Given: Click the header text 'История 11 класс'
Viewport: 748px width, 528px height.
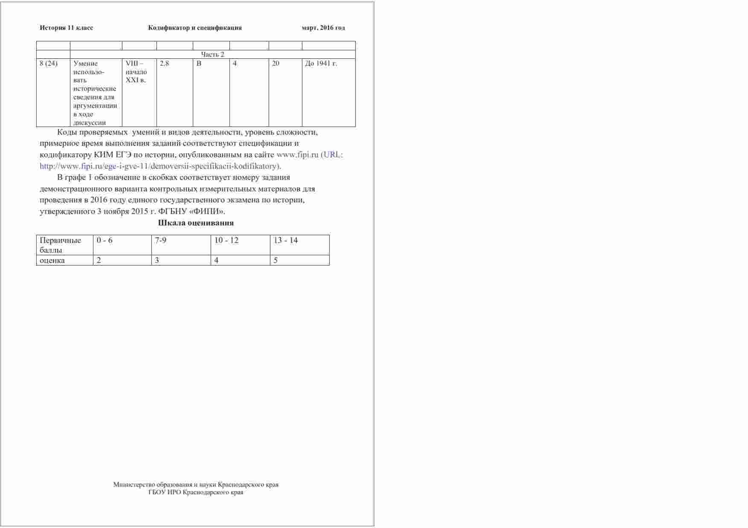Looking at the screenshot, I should [66, 28].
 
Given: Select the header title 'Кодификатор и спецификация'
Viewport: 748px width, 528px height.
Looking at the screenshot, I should [195, 28].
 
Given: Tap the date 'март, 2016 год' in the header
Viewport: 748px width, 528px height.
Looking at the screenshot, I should [323, 28].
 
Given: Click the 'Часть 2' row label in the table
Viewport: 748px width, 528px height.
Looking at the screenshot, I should [212, 54].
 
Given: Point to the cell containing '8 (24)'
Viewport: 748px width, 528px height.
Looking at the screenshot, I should [49, 63].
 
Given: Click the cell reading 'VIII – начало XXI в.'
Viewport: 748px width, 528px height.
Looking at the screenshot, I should [136, 72].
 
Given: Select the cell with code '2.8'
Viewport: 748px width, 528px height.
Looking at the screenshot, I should [165, 63].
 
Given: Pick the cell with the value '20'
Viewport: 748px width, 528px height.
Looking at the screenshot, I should [276, 63].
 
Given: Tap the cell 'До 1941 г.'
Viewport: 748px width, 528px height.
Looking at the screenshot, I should [321, 63].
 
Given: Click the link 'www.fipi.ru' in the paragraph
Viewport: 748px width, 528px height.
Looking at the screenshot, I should [298, 155].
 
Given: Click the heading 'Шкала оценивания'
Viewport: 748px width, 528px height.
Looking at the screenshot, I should [196, 223].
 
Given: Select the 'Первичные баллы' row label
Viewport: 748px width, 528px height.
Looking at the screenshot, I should [60, 245].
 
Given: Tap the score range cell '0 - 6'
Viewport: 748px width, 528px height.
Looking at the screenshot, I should [104, 240].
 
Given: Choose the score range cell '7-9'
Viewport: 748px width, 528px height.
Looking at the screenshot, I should [161, 240].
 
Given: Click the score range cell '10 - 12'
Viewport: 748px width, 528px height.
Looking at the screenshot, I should [226, 240].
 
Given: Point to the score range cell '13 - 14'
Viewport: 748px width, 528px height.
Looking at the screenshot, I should [286, 240].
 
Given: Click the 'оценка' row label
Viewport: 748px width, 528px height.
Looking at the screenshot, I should [52, 260].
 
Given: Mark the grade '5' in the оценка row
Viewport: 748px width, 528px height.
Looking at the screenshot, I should [276, 260].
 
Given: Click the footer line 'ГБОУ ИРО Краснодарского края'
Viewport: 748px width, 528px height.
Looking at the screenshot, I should [196, 492].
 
